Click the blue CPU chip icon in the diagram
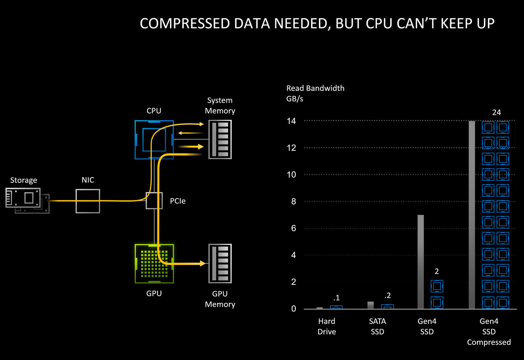tap(154, 140)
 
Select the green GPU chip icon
tap(154, 263)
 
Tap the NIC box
tap(88, 201)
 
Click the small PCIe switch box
tap(154, 201)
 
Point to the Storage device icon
tap(25, 199)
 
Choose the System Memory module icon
tap(220, 140)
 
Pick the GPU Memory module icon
tap(220, 263)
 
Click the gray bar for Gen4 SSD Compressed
tap(472, 215)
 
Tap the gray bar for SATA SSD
tap(370, 305)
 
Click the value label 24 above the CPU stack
tap(496, 113)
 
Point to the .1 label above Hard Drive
tap(336, 298)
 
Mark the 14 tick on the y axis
tap(291, 121)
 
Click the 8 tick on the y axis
tap(293, 201)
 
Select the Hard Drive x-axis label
tap(327, 326)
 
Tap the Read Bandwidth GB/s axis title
tap(315, 93)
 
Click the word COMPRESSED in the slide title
tap(185, 24)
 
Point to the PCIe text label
tap(178, 201)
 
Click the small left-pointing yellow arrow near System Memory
tap(181, 133)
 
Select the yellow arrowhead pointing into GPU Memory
tap(202, 263)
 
